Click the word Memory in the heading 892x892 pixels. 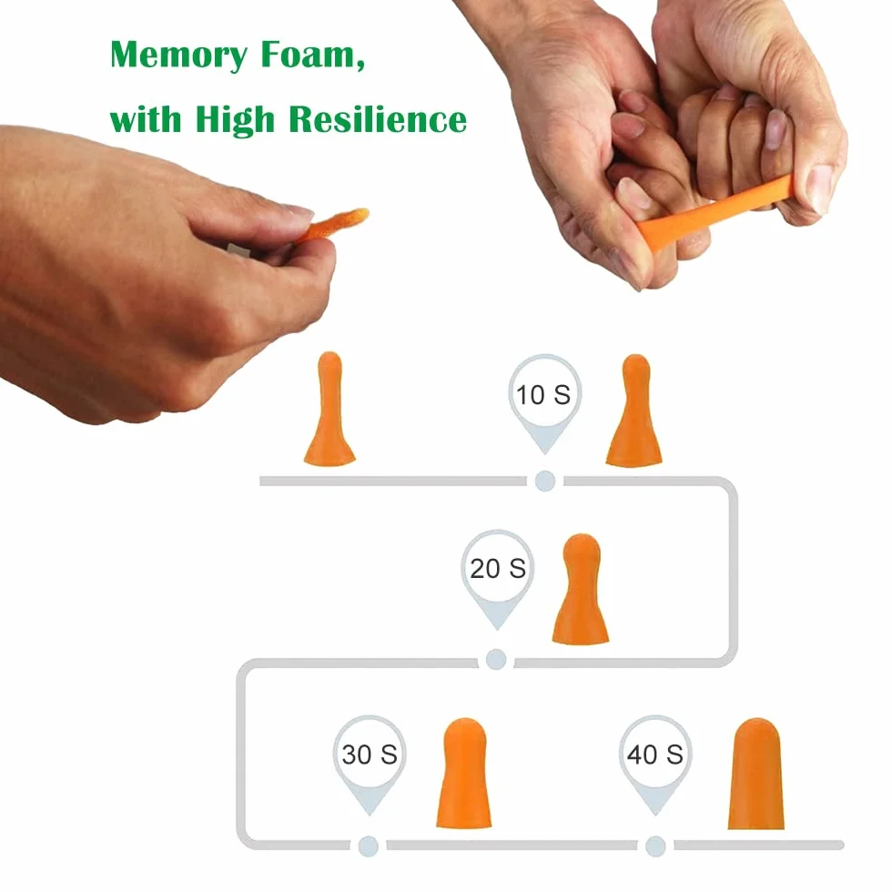(178, 56)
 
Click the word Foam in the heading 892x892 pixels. (313, 55)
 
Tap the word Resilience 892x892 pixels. (378, 118)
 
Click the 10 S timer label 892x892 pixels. (543, 395)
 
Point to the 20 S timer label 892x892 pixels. (498, 568)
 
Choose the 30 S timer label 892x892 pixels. (370, 755)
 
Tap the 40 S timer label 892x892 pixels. (654, 755)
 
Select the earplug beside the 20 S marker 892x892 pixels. (581, 589)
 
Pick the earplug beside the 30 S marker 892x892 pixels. (464, 773)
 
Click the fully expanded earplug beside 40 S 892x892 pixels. (756, 773)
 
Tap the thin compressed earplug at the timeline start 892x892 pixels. (329, 409)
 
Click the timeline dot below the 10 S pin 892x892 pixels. (545, 481)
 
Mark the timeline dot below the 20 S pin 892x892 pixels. (496, 660)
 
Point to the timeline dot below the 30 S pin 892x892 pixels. (369, 846)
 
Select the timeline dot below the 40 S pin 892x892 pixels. (655, 846)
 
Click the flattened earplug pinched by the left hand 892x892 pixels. (336, 224)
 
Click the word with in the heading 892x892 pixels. (146, 118)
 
